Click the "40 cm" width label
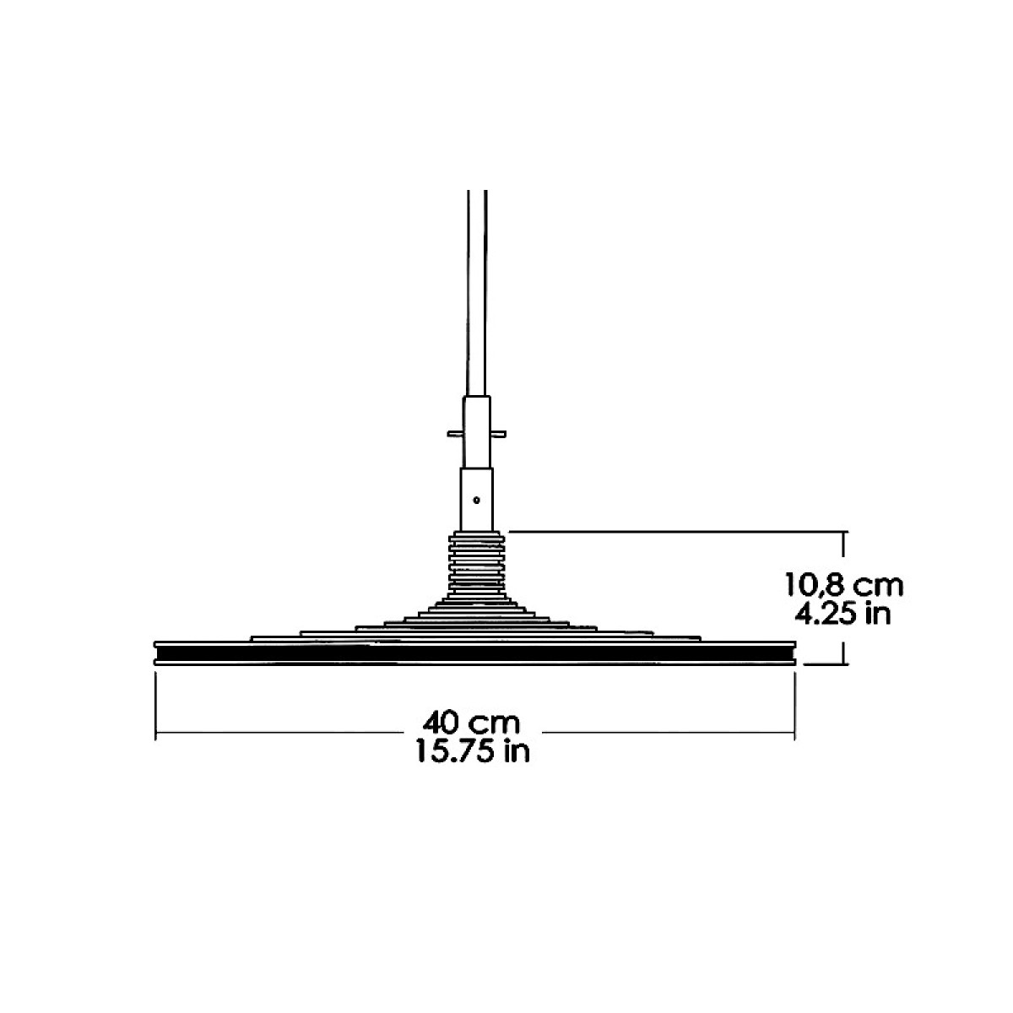[x=472, y=723]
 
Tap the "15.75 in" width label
[x=473, y=750]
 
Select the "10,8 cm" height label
[x=844, y=585]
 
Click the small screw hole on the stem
[x=476, y=500]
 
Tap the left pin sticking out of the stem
[x=455, y=434]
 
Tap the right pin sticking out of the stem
[x=498, y=434]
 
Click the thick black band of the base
[x=474, y=653]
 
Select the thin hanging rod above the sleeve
[x=477, y=292]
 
